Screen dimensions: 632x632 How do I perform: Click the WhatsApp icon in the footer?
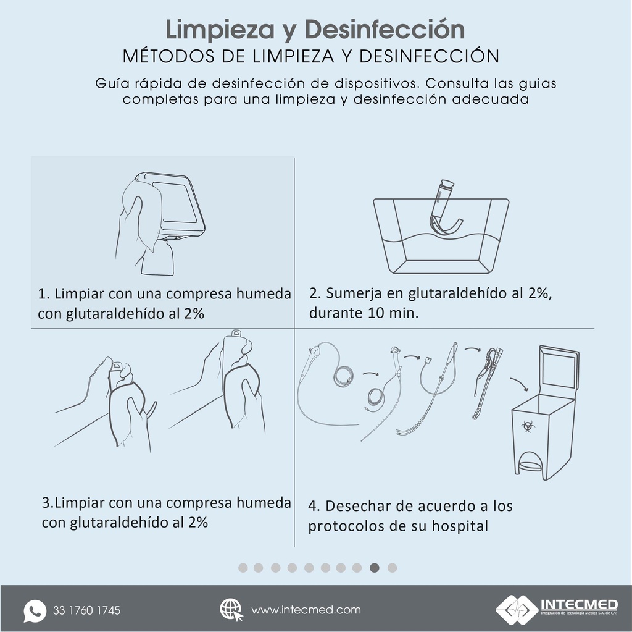coord(35,610)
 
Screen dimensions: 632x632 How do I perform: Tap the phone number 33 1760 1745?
coord(87,611)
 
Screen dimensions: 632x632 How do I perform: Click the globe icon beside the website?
coord(231,610)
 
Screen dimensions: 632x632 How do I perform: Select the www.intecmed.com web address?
coord(306,610)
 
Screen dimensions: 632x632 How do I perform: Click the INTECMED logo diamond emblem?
coord(517,609)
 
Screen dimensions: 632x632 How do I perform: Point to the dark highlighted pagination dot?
coord(375,568)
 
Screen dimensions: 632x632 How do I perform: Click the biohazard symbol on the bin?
coord(527,426)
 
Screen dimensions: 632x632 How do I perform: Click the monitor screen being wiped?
coord(177,203)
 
